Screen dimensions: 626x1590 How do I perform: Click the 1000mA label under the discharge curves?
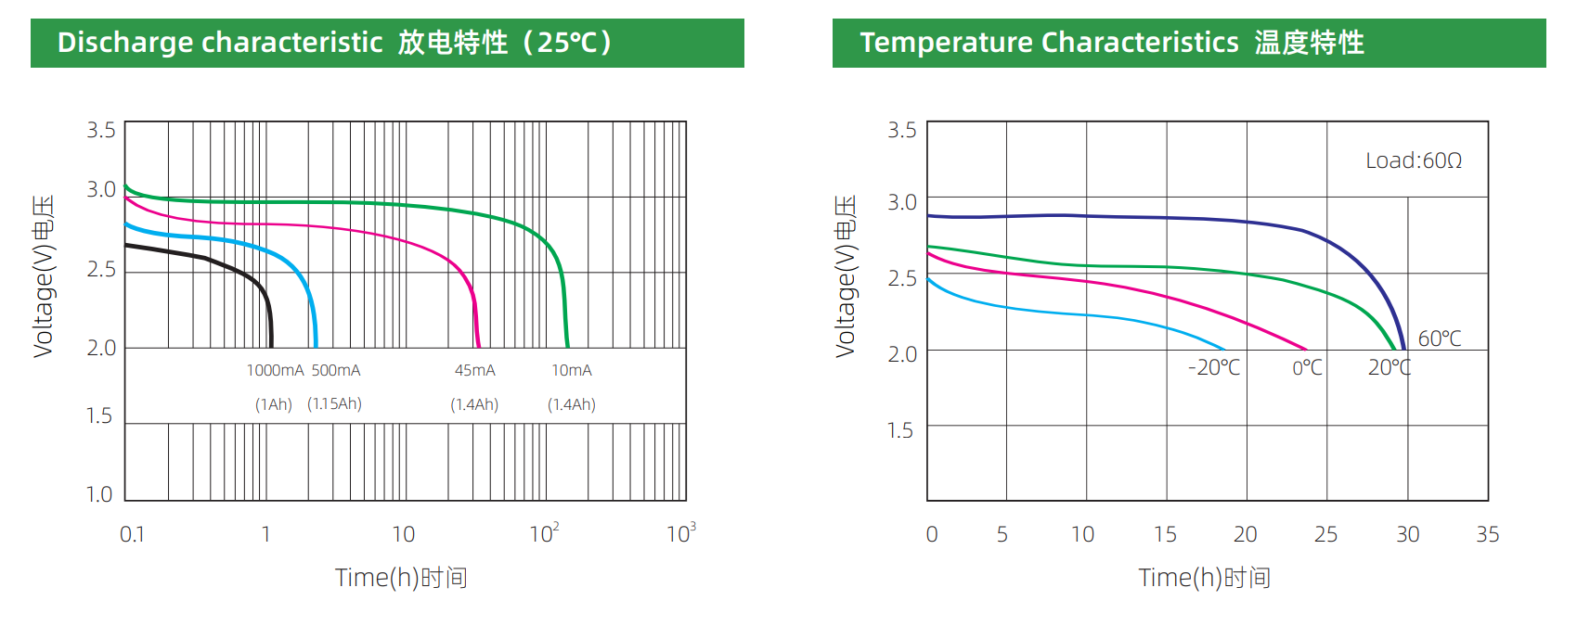point(275,370)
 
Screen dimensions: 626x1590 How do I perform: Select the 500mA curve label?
point(335,370)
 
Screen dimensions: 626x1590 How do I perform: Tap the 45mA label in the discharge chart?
point(474,370)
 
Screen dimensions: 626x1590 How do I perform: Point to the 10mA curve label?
point(571,370)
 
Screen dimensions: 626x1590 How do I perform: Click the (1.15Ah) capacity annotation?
point(334,404)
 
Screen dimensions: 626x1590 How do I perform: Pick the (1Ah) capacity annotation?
point(274,404)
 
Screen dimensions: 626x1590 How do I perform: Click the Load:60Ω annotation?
point(1413,160)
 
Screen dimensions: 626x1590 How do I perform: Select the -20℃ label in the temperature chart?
point(1213,367)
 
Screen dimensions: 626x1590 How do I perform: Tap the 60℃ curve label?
point(1439,339)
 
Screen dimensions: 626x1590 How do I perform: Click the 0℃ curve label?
point(1307,367)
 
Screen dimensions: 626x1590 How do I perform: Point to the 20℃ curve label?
point(1389,367)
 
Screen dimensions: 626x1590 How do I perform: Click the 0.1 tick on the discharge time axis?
point(132,534)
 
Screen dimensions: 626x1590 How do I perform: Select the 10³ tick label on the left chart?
point(680,533)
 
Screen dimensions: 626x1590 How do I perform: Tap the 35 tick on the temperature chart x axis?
point(1487,534)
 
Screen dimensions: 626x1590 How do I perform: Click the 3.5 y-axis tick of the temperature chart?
point(901,130)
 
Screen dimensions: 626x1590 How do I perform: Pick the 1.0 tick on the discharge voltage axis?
point(99,494)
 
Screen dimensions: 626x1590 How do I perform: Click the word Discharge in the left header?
point(125,43)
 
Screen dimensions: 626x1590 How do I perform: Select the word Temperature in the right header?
point(946,43)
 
